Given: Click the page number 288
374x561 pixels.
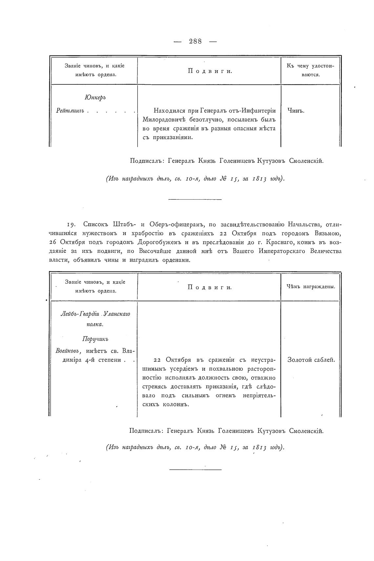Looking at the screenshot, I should tap(195, 41).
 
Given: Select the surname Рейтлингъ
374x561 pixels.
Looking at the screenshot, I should tap(70, 111).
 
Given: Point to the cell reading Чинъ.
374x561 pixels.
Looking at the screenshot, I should tap(296, 111).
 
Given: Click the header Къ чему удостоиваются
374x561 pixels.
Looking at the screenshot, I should tap(310, 70).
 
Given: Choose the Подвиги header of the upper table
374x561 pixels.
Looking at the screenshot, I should tap(210, 71).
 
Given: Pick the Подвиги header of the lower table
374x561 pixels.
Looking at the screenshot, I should tap(210, 287).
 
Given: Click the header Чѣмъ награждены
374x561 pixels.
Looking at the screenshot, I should tap(311, 287).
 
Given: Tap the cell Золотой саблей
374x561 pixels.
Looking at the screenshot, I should tap(311, 359).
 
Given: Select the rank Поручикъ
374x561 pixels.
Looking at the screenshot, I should tap(95, 339).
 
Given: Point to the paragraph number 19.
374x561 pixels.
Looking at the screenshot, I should tap(72, 225).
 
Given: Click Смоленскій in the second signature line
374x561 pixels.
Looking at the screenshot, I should tap(306, 431).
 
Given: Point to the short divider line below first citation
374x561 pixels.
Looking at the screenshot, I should tap(195, 199).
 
